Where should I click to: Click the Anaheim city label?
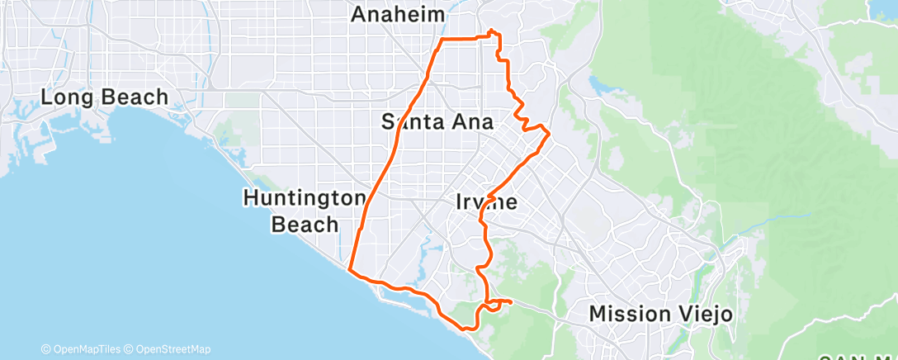tap(398, 15)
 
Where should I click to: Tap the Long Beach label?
tap(105, 97)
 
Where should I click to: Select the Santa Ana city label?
tap(437, 122)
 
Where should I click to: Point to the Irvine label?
tap(486, 201)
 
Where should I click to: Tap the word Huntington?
tap(304, 198)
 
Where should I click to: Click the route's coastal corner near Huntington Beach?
tap(351, 270)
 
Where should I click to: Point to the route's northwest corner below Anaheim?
tap(443, 40)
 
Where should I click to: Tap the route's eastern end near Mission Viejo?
tap(511, 302)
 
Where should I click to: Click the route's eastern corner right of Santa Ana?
tap(549, 133)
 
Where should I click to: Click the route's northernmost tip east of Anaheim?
tap(493, 31)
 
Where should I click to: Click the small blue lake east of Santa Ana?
tap(596, 83)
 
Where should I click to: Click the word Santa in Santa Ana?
tap(414, 122)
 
